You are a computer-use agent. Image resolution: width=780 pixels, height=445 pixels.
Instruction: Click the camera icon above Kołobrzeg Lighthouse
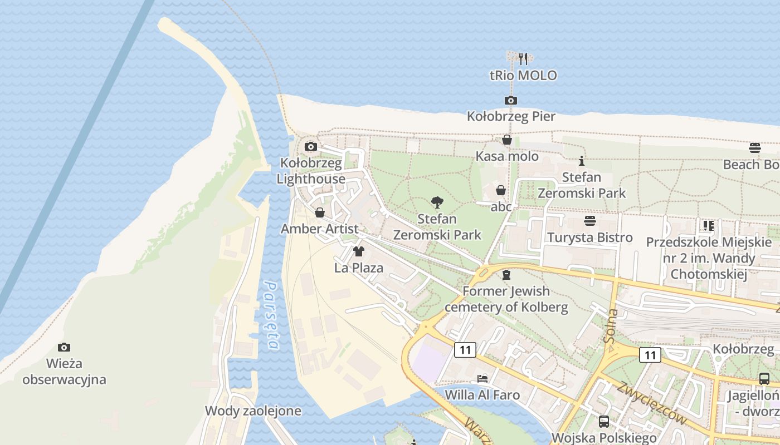(311, 147)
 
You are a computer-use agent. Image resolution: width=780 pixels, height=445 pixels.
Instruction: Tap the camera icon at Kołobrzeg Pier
(510, 101)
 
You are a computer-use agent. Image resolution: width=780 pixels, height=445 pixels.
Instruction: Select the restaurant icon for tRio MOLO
(523, 58)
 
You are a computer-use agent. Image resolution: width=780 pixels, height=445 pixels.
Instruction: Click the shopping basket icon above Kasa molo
(507, 140)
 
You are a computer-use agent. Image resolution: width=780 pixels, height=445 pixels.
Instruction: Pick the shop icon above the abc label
(501, 191)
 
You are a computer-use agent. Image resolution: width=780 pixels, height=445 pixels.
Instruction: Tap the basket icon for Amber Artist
(320, 212)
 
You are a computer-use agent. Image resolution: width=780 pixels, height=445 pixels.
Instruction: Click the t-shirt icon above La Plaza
(359, 251)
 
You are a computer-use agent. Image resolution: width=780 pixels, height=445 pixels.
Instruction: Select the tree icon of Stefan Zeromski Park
(437, 202)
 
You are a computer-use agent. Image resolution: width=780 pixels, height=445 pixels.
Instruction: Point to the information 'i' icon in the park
(582, 161)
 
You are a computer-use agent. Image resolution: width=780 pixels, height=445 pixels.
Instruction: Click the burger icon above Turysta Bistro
(590, 221)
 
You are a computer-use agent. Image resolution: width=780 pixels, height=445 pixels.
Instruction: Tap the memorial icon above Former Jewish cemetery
(506, 275)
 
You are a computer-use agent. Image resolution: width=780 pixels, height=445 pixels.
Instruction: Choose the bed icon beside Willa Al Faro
(482, 379)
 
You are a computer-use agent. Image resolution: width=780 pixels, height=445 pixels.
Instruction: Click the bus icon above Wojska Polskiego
(603, 422)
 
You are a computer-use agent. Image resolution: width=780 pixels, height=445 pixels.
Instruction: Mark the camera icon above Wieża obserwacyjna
(64, 348)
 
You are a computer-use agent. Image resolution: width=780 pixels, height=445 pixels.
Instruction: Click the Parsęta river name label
(271, 315)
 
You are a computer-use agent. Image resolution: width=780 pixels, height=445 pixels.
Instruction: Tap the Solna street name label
(611, 325)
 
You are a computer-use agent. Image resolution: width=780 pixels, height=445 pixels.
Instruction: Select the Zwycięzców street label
(651, 403)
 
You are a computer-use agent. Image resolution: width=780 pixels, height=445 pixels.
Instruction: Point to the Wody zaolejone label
(253, 411)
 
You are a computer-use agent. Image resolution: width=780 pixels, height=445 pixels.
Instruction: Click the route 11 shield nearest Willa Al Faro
(465, 350)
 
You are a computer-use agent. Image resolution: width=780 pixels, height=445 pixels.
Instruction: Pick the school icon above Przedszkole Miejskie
(709, 226)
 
